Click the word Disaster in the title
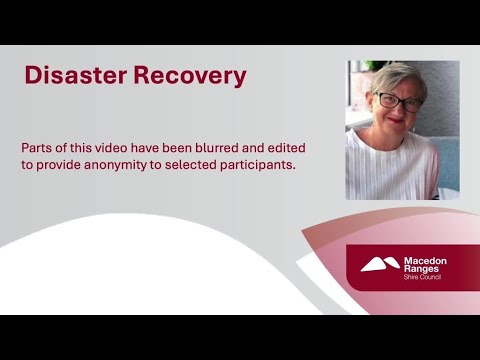tap(75, 76)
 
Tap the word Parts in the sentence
tap(38, 146)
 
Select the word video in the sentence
tap(120, 146)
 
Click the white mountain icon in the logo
tap(380, 265)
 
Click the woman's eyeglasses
tap(398, 100)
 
